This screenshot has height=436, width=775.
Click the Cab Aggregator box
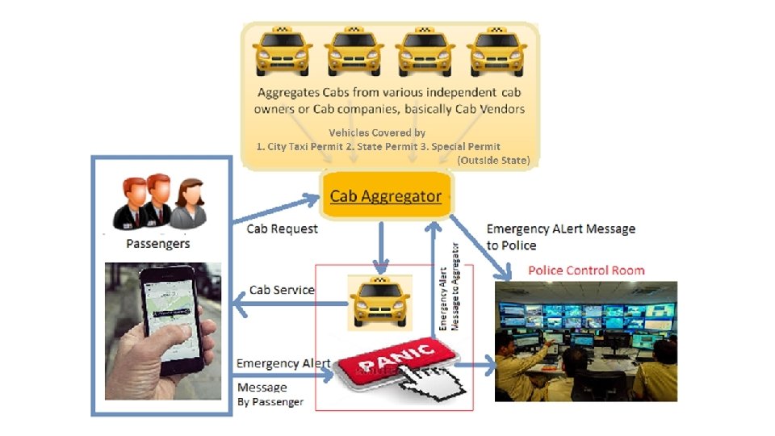click(386, 196)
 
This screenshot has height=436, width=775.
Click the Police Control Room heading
click(586, 270)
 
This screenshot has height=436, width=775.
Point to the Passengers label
click(159, 242)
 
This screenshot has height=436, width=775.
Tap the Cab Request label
click(282, 228)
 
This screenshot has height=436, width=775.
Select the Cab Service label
click(282, 290)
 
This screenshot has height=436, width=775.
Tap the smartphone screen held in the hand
click(170, 312)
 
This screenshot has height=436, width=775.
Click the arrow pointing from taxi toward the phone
click(283, 304)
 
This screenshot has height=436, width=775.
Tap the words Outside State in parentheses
click(493, 161)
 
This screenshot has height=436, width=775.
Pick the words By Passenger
click(270, 402)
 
